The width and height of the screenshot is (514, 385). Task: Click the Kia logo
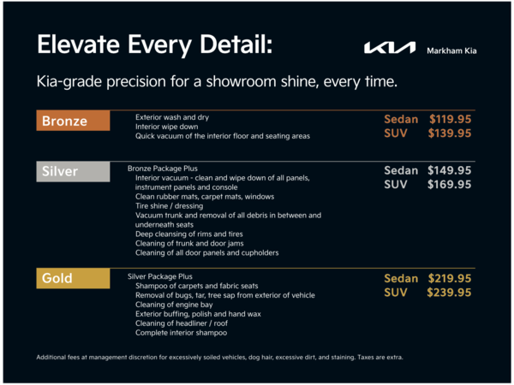coord(389,49)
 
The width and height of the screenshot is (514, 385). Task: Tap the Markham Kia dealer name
coord(451,50)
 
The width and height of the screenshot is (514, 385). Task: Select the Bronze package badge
coord(73,121)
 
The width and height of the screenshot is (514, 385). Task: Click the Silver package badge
coord(73,172)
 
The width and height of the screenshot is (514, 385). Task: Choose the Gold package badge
coord(73,279)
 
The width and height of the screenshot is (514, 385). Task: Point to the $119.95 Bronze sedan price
coord(450,119)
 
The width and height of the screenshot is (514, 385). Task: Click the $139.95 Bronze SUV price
coord(450,133)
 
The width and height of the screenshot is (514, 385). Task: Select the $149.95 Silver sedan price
coord(450,170)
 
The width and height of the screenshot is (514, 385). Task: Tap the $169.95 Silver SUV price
coord(450,184)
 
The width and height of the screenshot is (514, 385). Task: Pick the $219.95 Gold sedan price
coord(450,278)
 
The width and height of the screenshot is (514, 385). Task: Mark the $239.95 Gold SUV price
coord(450,292)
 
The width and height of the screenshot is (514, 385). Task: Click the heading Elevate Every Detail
coord(155,44)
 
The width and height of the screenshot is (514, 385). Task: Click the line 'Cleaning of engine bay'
coord(174,305)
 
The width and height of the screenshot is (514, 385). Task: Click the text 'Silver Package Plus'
coord(160,276)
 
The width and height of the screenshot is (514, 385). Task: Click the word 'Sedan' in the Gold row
coord(401,278)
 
